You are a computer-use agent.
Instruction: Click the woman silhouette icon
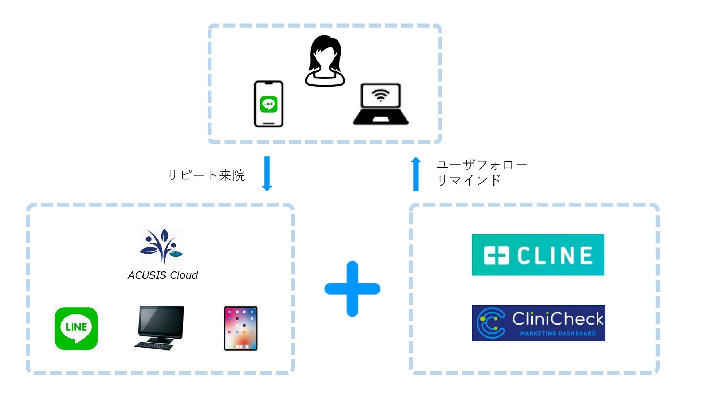(325, 61)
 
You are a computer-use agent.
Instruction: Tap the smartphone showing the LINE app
(269, 104)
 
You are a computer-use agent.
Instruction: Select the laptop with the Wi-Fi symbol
(381, 105)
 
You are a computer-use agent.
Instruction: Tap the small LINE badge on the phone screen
(269, 104)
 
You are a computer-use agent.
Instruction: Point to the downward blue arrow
(267, 173)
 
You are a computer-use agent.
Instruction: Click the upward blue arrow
(416, 174)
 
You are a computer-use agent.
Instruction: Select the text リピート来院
(206, 175)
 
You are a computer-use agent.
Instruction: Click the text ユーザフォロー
(482, 165)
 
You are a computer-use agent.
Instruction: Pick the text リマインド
(469, 180)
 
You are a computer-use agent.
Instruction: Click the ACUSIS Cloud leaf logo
(162, 246)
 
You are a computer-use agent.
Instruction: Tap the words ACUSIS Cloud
(163, 275)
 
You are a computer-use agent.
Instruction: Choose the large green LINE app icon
(76, 328)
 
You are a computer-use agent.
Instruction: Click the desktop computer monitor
(161, 322)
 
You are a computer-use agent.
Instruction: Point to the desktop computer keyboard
(154, 346)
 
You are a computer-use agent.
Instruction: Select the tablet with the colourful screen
(241, 328)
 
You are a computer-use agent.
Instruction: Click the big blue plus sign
(352, 289)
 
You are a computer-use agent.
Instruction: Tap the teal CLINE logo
(538, 255)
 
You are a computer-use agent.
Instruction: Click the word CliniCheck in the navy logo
(557, 319)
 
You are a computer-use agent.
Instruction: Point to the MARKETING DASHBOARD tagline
(557, 334)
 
